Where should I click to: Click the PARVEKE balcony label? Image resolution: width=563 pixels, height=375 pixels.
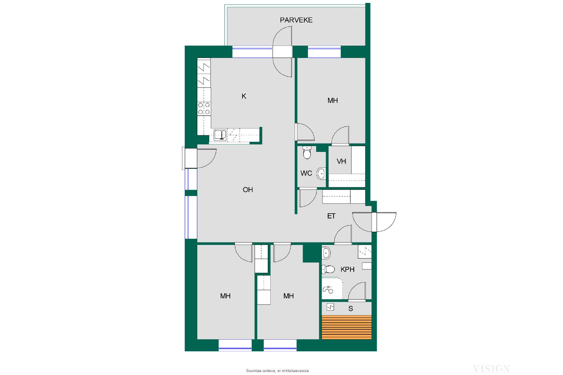pos(296,20)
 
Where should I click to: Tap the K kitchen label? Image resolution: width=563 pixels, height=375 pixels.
pos(244,96)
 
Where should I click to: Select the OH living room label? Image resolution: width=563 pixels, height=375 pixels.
pos(248,190)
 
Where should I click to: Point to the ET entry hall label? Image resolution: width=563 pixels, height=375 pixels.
pos(331,216)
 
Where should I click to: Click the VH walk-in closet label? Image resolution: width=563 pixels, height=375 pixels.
pos(341,161)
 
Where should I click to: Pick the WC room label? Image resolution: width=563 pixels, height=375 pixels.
pos(306,173)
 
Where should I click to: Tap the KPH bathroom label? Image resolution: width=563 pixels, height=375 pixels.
pos(347,270)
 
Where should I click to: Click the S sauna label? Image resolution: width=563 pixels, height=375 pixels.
pos(350,308)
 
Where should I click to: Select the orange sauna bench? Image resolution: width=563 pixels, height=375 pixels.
pos(347,327)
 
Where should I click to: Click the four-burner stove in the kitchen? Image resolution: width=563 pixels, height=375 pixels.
pos(204,108)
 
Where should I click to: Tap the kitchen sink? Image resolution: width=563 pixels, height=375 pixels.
pos(220,135)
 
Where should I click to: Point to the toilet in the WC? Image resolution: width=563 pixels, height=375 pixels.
pos(307,152)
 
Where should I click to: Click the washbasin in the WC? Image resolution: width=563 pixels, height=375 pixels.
pos(321,174)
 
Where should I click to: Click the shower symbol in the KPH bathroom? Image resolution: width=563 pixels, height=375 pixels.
pos(328,289)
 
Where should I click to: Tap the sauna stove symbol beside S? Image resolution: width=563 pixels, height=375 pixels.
pos(330,307)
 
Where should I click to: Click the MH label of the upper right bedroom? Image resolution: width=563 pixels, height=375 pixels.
pos(333,100)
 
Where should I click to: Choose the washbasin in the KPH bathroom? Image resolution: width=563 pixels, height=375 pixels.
pos(326,253)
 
